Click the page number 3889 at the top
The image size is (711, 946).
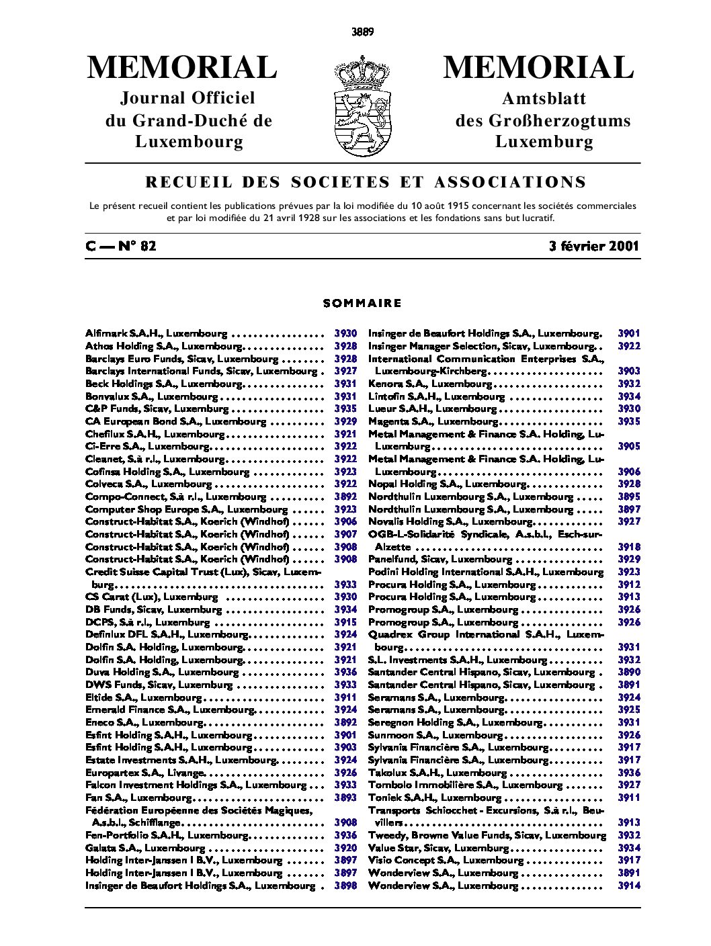(x=362, y=32)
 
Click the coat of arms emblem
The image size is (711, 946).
(x=362, y=105)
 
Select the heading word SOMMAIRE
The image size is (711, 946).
(x=362, y=303)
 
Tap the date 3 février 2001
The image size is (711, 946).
(x=593, y=246)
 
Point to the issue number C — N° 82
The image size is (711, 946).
(x=121, y=246)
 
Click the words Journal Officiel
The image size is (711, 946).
(x=188, y=98)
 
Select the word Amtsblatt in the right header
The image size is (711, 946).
(x=544, y=99)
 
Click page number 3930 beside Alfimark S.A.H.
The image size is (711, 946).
(x=345, y=333)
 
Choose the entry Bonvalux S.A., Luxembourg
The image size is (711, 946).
(x=151, y=396)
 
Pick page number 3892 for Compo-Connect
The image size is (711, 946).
(x=345, y=497)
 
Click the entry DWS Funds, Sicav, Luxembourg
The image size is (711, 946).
(x=159, y=685)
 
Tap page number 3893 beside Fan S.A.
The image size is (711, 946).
(x=345, y=798)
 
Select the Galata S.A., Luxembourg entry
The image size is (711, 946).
(x=145, y=848)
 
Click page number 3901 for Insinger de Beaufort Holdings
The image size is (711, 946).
(x=629, y=333)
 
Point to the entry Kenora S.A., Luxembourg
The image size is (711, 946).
(x=430, y=384)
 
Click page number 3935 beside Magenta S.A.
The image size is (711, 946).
(x=629, y=421)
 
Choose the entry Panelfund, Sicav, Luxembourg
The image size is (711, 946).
(x=440, y=559)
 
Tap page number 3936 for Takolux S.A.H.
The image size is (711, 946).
(x=629, y=773)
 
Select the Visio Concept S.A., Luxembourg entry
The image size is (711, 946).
(x=446, y=860)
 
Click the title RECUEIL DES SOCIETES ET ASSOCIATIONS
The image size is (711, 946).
(x=366, y=182)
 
